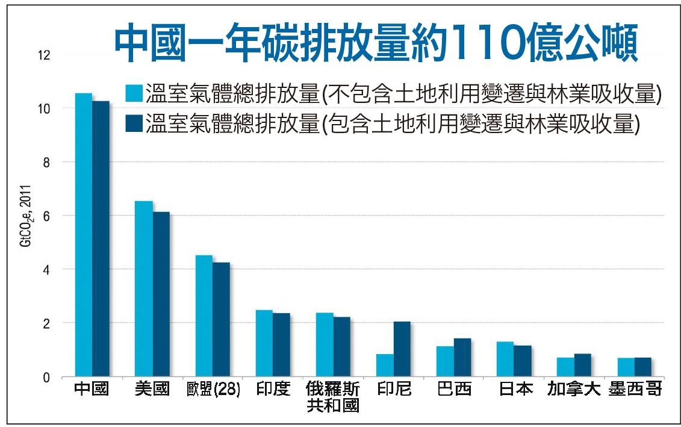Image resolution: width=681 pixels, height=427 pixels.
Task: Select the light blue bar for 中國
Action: pyautogui.click(x=84, y=235)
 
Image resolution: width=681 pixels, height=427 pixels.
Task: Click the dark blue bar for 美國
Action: pyautogui.click(x=161, y=295)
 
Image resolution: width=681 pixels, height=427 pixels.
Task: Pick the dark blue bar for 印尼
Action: pyautogui.click(x=402, y=349)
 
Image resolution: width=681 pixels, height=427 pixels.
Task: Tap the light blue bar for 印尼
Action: pyautogui.click(x=385, y=366)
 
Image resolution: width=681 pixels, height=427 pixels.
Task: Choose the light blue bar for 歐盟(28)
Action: pyautogui.click(x=204, y=316)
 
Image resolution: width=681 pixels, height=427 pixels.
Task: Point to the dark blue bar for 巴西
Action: pyautogui.click(x=462, y=358)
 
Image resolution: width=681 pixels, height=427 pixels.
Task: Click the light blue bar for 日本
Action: pyautogui.click(x=505, y=360)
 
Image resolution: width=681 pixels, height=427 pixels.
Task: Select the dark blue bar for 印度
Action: pyautogui.click(x=281, y=345)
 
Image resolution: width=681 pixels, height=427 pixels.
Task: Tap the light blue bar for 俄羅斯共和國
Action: pyautogui.click(x=325, y=345)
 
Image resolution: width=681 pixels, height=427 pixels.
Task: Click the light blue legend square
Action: pyautogui.click(x=134, y=94)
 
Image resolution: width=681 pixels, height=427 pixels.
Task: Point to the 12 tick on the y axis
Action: pyautogui.click(x=45, y=55)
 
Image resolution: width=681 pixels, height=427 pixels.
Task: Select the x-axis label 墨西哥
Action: pyautogui.click(x=635, y=390)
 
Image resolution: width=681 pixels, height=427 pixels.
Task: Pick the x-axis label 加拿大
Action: pyautogui.click(x=574, y=390)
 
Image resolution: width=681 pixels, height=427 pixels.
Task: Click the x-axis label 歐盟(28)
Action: pyautogui.click(x=214, y=390)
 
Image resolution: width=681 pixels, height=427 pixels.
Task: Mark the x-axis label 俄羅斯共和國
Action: pyautogui.click(x=333, y=397)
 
